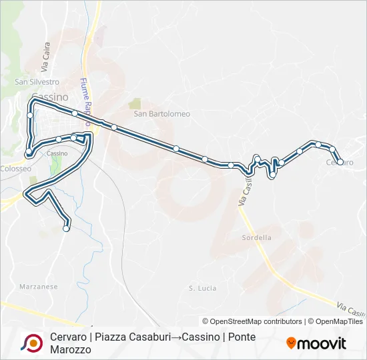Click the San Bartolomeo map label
coord(161,113)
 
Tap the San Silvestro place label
coord(37,82)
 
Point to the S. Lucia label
coord(203,288)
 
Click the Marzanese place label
coord(39,287)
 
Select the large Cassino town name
coord(49,97)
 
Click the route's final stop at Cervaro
coord(340,161)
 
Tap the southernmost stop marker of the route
coord(66,229)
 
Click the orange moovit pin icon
coord(291,343)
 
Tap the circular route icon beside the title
coord(31,343)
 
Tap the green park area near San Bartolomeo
coord(135,103)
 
